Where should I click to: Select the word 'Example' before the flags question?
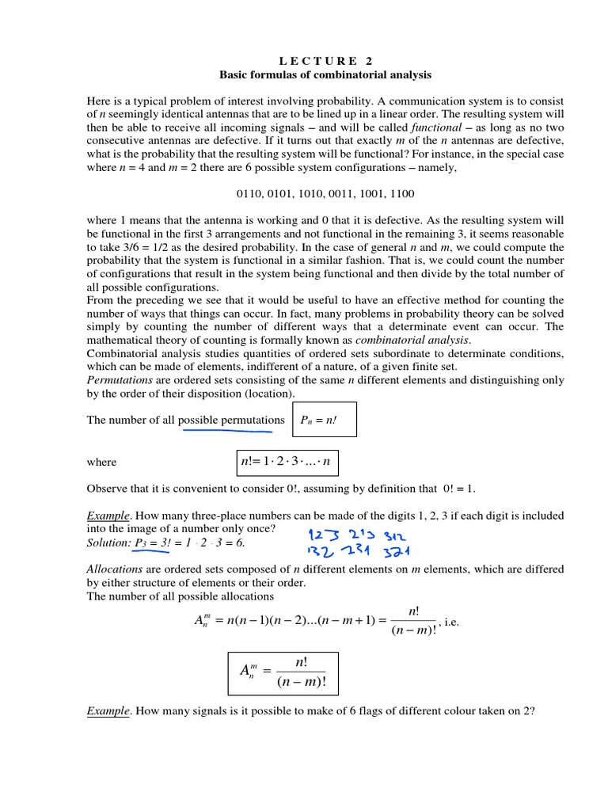[108, 711]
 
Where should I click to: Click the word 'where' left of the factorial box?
[101, 462]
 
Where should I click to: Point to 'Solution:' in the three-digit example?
[108, 542]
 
